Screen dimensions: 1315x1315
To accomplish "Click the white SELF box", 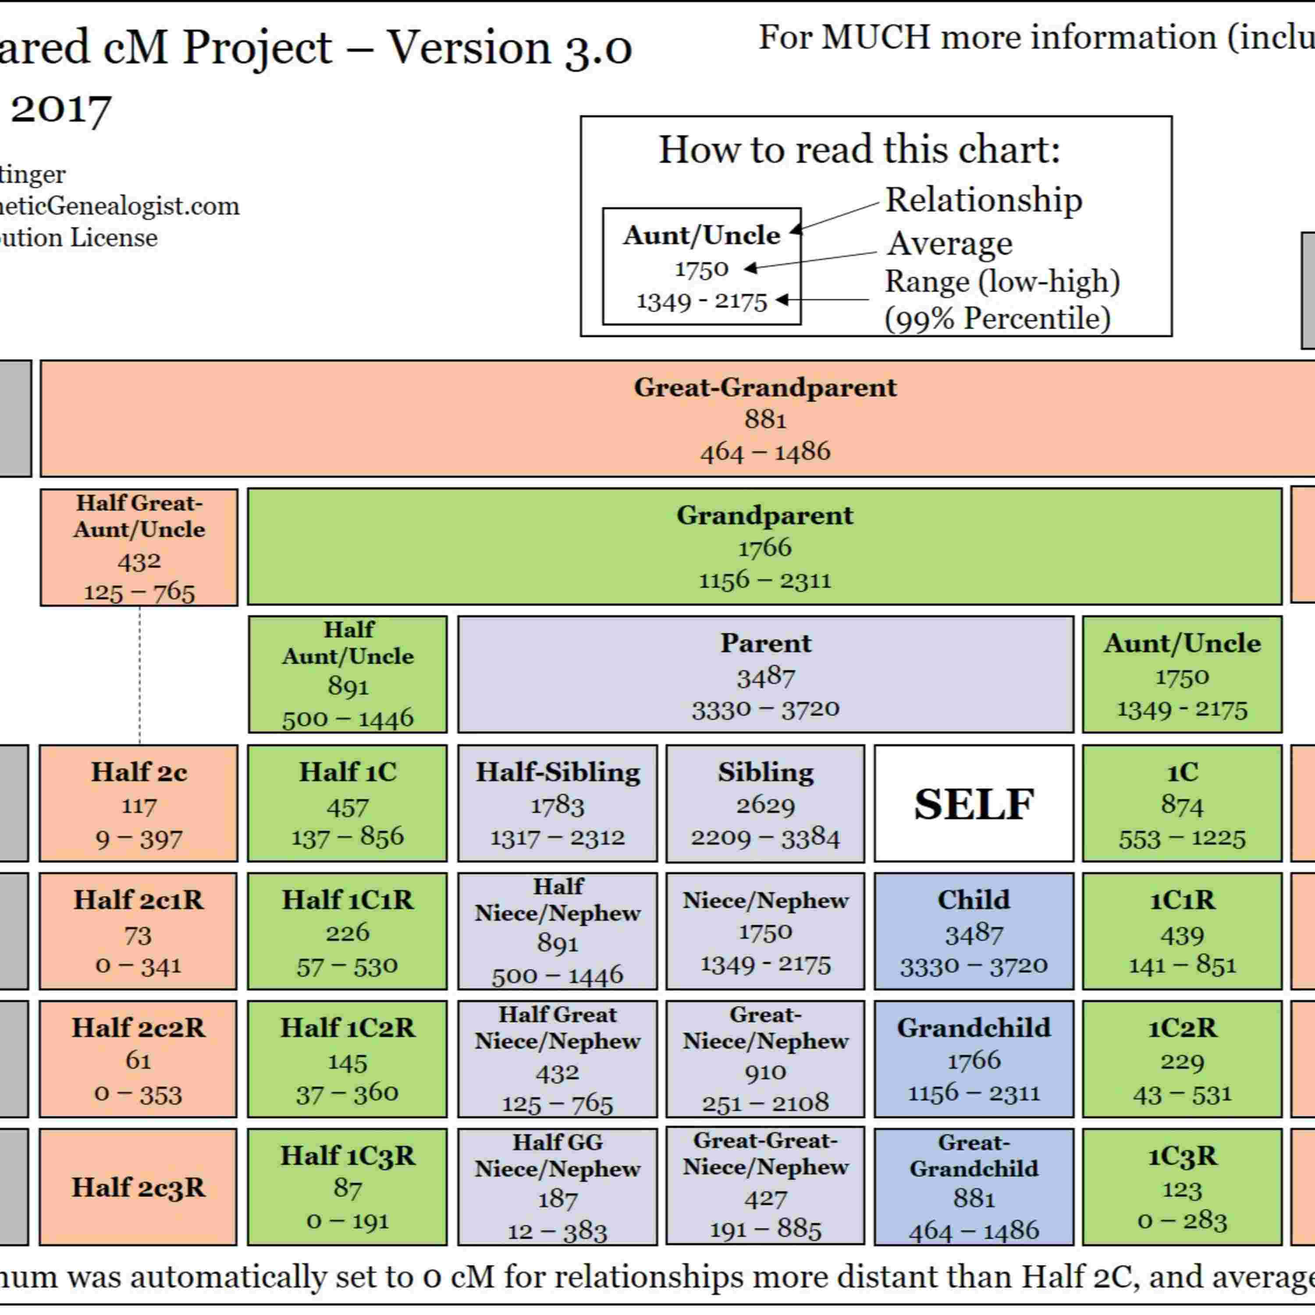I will (x=973, y=803).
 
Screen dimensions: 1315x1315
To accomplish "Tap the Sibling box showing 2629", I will (x=765, y=803).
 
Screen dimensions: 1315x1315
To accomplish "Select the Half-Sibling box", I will (x=558, y=803).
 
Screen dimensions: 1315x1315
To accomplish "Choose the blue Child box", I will (x=973, y=931).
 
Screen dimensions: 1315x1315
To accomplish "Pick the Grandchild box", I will (x=973, y=1059).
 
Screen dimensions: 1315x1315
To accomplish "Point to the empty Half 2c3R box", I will (x=138, y=1187).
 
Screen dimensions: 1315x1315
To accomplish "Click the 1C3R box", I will (x=1182, y=1187).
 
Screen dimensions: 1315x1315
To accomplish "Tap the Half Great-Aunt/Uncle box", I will (x=139, y=547).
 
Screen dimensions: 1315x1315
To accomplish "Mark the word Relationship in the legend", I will (x=983, y=200).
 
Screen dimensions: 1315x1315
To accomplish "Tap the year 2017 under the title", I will (x=61, y=109).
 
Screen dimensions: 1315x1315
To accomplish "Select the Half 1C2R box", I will (x=347, y=1059).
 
